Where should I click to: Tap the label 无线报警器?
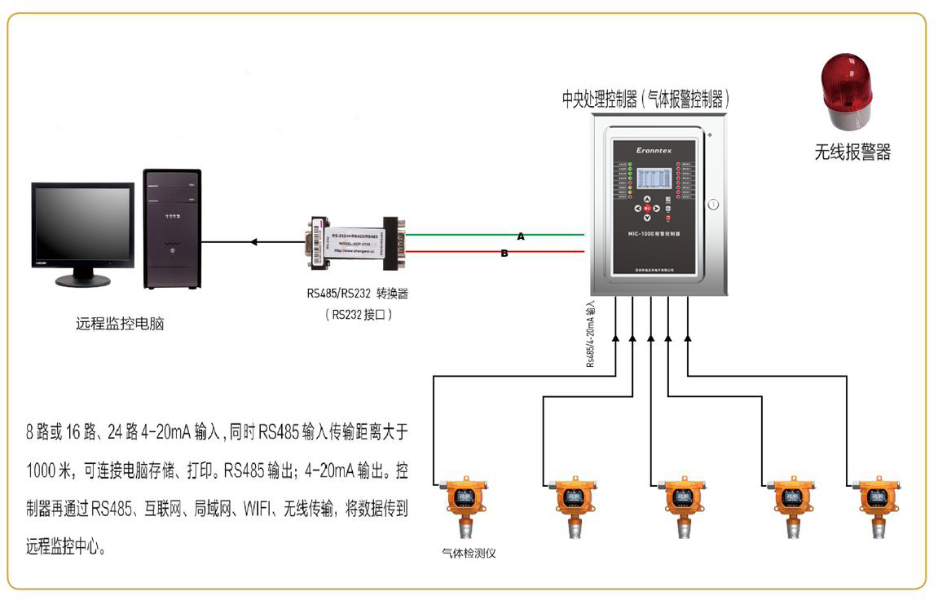(x=852, y=152)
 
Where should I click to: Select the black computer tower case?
(x=172, y=228)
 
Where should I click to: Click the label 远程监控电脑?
(x=120, y=324)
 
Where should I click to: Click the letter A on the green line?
(x=521, y=236)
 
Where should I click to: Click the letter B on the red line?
(x=504, y=254)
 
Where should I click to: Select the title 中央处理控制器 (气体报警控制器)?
(x=645, y=99)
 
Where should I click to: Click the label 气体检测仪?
(x=469, y=553)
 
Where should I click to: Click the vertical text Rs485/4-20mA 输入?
(x=591, y=334)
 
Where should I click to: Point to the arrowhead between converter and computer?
(x=254, y=242)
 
